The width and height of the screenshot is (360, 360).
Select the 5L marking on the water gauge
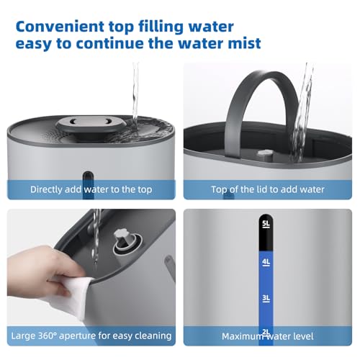266,224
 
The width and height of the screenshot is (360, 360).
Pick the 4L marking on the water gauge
266,261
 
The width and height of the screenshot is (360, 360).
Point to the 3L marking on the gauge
266,297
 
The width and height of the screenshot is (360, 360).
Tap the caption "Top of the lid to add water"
268,189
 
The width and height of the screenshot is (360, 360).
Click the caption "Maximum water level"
268,335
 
